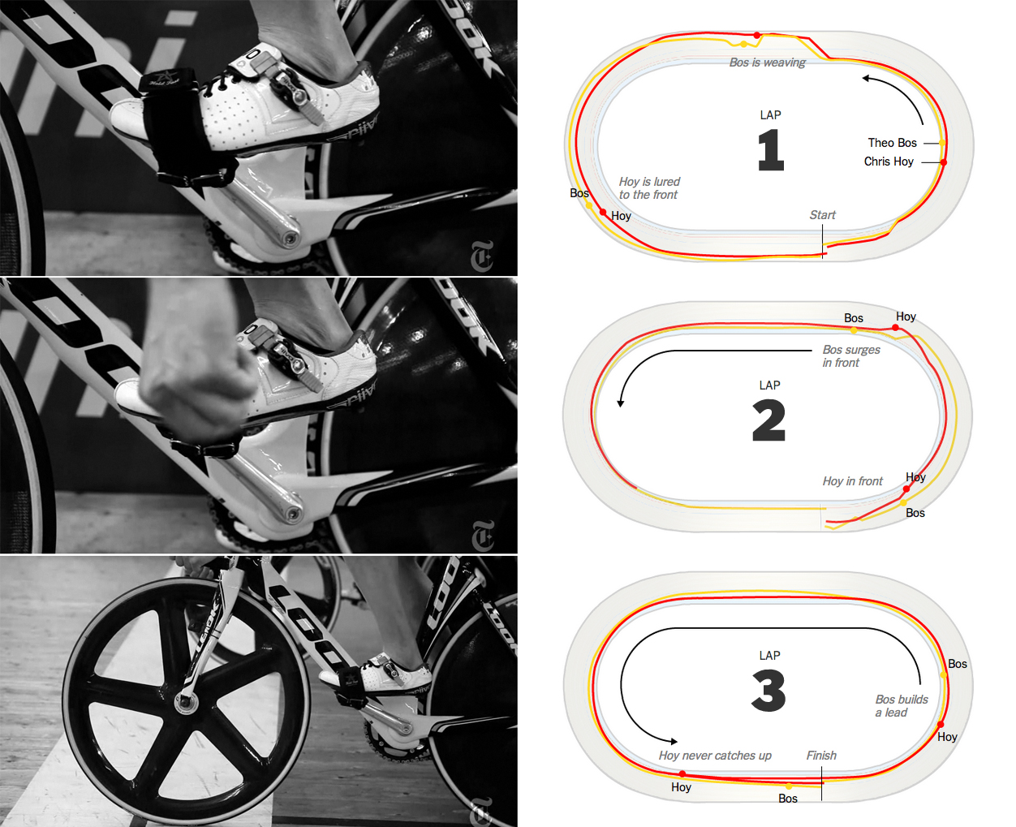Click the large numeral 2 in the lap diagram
coord(769,420)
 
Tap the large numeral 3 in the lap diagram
coord(768,690)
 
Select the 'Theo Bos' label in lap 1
coord(892,143)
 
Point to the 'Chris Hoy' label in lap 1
coord(889,162)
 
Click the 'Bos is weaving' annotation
coord(767,62)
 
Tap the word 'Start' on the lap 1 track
coord(822,215)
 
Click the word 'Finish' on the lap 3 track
coord(821,756)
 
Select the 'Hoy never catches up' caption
coord(715,756)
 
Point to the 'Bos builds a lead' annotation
coord(901,706)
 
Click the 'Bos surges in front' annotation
coord(851,355)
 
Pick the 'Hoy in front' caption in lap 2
coord(852,481)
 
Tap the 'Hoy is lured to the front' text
coord(648,188)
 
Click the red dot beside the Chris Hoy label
coord(943,162)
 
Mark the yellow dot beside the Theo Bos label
coord(942,143)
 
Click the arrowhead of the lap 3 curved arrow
coord(674,741)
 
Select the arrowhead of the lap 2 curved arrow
coord(621,403)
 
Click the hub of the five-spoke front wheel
coord(183,700)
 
